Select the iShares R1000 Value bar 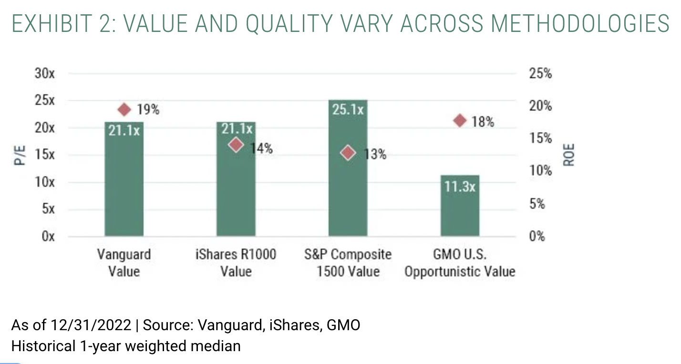click(236, 191)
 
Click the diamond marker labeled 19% click(124, 110)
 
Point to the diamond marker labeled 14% click(236, 145)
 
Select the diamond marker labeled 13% click(348, 153)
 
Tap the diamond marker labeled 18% click(460, 121)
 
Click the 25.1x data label click(348, 110)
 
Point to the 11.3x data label click(460, 186)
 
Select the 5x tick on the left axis click(48, 209)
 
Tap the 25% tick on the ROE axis click(540, 74)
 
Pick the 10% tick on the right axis click(540, 171)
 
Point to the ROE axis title click(569, 155)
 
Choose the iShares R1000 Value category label click(236, 263)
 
